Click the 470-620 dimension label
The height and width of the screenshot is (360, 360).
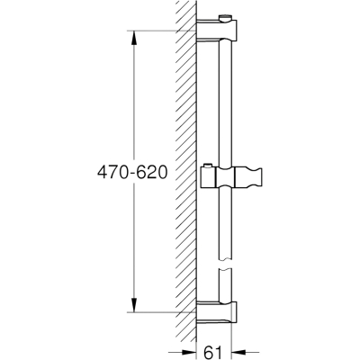pyautogui.click(x=132, y=173)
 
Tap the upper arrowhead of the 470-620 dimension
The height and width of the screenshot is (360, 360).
pyautogui.click(x=134, y=38)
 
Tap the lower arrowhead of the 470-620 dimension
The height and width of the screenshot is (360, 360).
pyautogui.click(x=134, y=305)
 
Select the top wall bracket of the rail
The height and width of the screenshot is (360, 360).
pyautogui.click(x=217, y=30)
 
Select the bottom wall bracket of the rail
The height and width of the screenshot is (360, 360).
pyautogui.click(x=217, y=312)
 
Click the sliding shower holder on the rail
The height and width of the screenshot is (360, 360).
pyautogui.click(x=231, y=177)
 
